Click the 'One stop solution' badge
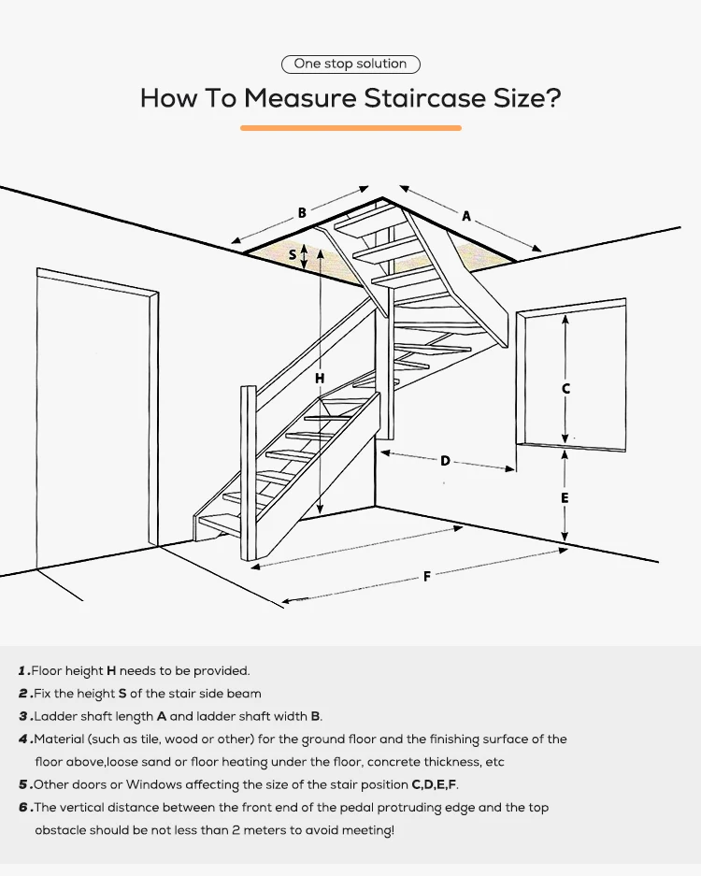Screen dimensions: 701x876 click(350, 64)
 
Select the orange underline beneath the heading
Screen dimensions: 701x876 click(350, 127)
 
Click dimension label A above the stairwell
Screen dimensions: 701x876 click(466, 216)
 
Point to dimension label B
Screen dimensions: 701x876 click(302, 213)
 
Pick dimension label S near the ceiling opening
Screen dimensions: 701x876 click(293, 254)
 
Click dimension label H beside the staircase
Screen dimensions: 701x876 click(320, 378)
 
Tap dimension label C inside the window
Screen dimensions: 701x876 click(565, 388)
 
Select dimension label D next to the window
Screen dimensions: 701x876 click(446, 460)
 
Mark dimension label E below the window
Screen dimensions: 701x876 click(565, 498)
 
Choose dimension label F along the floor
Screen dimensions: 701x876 click(427, 577)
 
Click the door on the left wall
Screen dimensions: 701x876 click(93, 411)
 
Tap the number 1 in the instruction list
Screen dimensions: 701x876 click(23, 671)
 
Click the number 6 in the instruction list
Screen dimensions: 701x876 click(23, 808)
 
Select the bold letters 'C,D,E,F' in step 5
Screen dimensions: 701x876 click(435, 784)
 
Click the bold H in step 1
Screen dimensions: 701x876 click(111, 671)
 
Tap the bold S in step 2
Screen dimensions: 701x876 click(122, 694)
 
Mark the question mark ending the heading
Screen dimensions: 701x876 click(553, 98)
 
